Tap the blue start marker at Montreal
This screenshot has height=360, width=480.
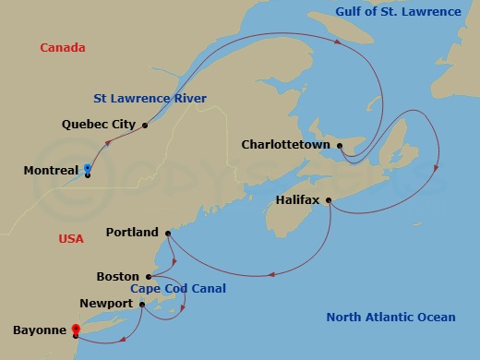(x=87, y=168)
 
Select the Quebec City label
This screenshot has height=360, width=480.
(x=99, y=124)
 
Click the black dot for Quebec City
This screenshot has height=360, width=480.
(x=145, y=125)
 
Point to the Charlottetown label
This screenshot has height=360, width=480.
(x=286, y=145)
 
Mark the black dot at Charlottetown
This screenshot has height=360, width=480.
(x=340, y=145)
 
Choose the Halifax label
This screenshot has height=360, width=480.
(x=298, y=200)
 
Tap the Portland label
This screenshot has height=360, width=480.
(x=132, y=233)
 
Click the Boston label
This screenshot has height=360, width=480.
(x=117, y=276)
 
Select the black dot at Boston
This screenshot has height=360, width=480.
(x=148, y=276)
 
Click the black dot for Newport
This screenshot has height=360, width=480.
(x=142, y=303)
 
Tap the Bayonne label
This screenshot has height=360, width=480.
(x=40, y=330)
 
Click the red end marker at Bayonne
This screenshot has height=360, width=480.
(x=76, y=328)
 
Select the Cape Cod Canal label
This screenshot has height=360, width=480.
(x=178, y=289)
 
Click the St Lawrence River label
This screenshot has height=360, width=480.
(x=150, y=99)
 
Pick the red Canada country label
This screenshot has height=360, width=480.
(x=63, y=48)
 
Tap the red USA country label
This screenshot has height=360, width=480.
(x=70, y=239)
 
